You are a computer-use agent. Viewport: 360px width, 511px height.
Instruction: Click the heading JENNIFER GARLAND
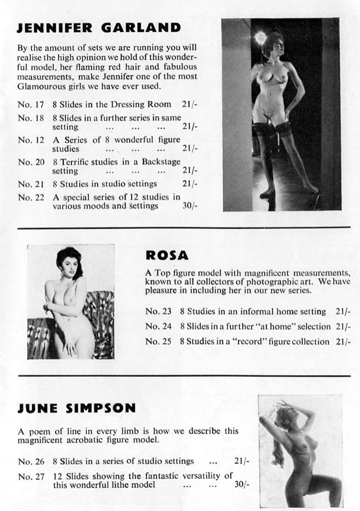click(99, 27)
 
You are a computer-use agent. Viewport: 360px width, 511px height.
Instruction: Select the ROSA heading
click(167, 255)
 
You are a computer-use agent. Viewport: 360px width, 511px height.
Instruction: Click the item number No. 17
click(31, 104)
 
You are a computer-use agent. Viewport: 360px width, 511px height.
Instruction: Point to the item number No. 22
click(31, 197)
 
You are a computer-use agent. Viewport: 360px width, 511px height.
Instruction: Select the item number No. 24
click(158, 326)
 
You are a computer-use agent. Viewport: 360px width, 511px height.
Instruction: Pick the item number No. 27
click(31, 477)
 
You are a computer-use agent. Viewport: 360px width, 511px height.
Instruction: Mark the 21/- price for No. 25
click(343, 342)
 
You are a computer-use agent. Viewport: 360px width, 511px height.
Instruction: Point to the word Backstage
click(161, 162)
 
